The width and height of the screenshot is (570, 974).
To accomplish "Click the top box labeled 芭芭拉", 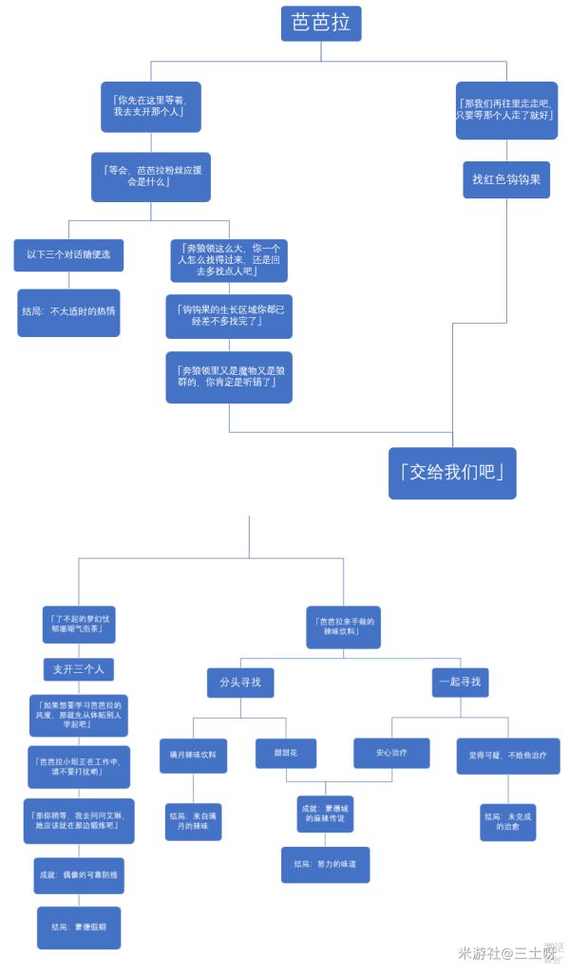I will pos(321,23).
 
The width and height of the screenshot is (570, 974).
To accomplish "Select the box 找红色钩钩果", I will pos(505,179).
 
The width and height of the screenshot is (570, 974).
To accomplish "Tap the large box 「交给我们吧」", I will pos(452,473).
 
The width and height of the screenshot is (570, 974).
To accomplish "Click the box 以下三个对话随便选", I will pos(68,254).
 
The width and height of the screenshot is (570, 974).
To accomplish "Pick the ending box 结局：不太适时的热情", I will pos(68,312).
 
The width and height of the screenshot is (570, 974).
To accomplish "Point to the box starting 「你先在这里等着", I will pos(147,105).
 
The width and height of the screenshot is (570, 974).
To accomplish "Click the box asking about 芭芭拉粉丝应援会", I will pos(151,177).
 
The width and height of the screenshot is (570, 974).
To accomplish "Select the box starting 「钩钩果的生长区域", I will pos(229,316).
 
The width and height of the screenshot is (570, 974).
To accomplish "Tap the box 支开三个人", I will pos(79,669).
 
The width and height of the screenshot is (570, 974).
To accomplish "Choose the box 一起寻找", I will pos(460,682).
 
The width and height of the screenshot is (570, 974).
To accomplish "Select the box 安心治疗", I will pos(391,753).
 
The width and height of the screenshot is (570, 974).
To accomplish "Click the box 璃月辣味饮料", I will pos(193,755).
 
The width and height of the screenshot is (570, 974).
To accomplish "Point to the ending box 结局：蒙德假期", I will pos(79,927).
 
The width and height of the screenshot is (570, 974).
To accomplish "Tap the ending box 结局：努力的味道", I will pos(325,865).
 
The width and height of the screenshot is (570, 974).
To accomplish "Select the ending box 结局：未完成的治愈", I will pos(507,822).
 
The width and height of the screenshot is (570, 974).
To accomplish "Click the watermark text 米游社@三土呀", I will pos(498,952).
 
